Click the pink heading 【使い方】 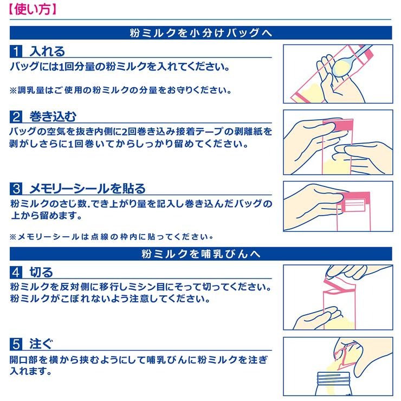coord(33,10)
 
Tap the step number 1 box coord(16,51)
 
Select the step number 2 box coord(16,117)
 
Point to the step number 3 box coord(16,189)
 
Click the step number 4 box coord(16,272)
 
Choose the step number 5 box coord(16,344)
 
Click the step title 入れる coord(48,51)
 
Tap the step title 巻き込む coord(53,117)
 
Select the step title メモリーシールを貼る coord(87,189)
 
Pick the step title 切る coord(41,272)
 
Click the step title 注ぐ coord(41,344)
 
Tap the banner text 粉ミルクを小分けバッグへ coord(200,33)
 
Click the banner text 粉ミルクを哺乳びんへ coord(200,254)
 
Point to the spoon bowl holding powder coord(343,67)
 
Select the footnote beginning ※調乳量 coord(120,90)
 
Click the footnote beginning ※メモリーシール coord(112,237)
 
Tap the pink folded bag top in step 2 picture coord(338,126)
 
